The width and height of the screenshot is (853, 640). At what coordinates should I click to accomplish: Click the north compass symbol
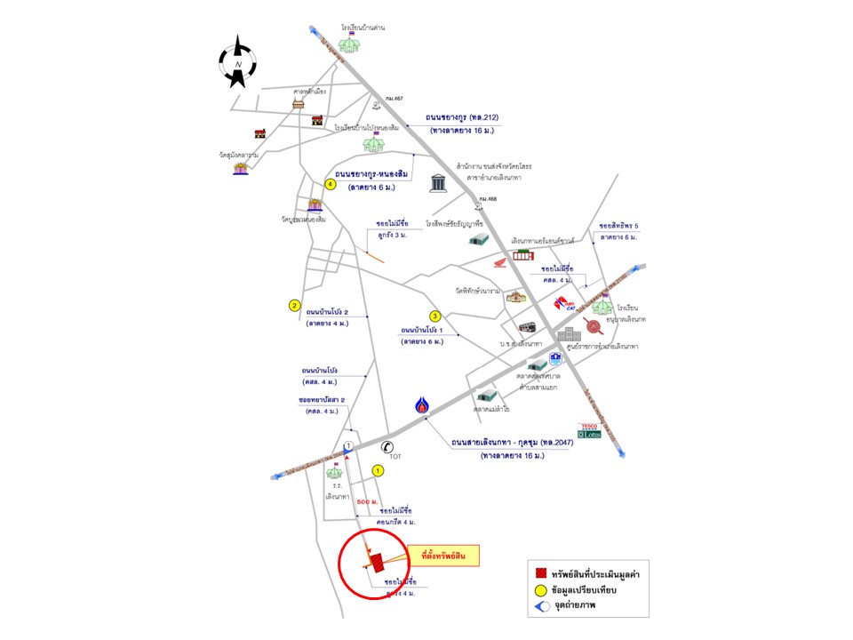click(238, 61)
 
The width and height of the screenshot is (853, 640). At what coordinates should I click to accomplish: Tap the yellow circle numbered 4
click(330, 184)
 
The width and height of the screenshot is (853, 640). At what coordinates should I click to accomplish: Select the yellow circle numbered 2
click(294, 306)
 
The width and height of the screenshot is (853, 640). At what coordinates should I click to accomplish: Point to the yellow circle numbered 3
click(435, 316)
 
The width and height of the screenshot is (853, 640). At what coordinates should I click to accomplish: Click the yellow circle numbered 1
click(378, 470)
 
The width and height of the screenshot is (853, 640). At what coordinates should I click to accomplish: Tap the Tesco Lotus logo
click(589, 431)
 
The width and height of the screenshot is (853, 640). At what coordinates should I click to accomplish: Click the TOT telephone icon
click(386, 448)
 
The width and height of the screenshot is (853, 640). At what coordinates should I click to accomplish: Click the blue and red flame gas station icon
click(423, 407)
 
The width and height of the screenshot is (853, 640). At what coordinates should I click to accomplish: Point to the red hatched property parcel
click(377, 563)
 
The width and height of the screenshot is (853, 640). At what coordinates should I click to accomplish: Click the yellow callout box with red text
click(449, 556)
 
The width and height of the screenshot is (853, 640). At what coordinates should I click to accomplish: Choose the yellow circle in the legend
click(539, 591)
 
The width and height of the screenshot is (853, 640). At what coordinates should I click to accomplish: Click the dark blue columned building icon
click(439, 183)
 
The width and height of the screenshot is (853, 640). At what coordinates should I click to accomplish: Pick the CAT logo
click(566, 305)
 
